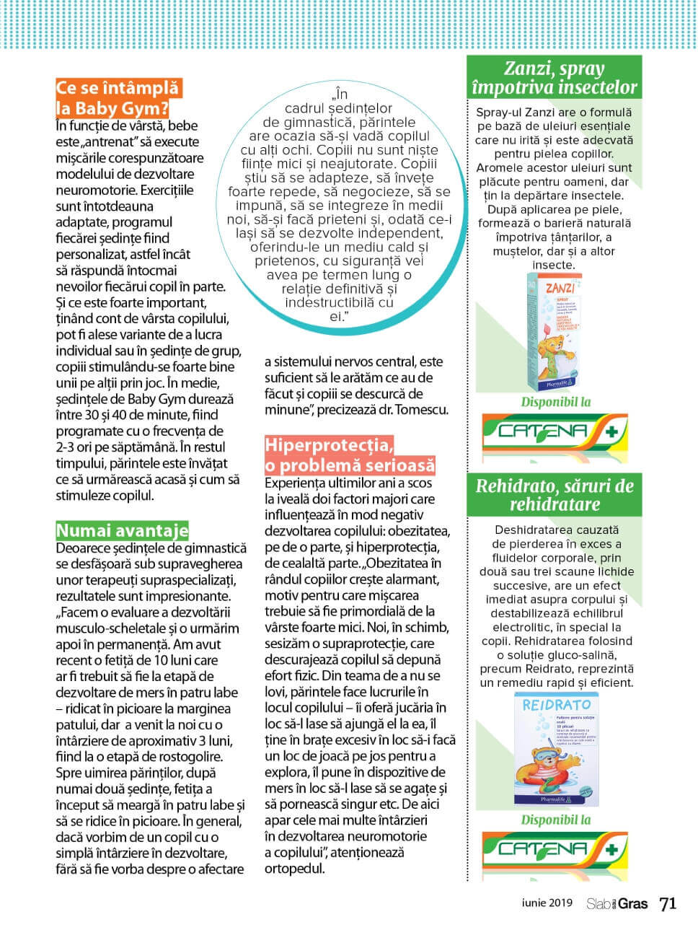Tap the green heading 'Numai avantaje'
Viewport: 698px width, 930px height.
click(122, 531)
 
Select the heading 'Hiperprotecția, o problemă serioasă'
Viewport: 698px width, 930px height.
click(350, 455)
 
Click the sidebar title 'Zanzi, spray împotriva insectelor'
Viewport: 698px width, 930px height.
click(554, 79)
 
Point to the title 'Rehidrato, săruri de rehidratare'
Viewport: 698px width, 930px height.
click(554, 494)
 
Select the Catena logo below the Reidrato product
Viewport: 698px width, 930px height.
click(553, 851)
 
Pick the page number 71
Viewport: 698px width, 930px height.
click(668, 903)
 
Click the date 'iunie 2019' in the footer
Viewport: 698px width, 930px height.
click(547, 903)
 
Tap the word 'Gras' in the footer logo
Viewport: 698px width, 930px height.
click(633, 903)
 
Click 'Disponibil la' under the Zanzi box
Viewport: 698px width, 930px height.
click(555, 402)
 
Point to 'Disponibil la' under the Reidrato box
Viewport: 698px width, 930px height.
click(555, 820)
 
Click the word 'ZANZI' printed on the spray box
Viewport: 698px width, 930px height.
click(560, 289)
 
